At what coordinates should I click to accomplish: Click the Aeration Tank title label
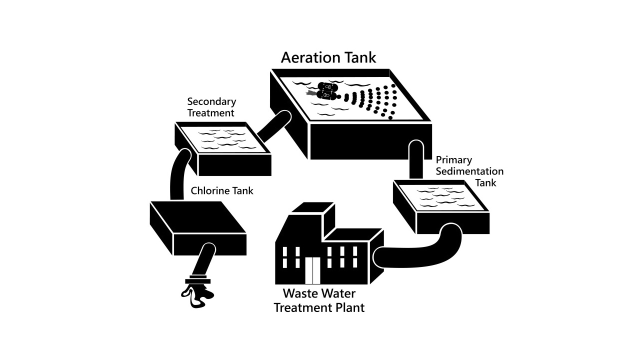328,57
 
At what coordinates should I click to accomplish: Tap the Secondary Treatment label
211,107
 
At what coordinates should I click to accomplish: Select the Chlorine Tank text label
221,190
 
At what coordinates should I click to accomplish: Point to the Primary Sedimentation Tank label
469,171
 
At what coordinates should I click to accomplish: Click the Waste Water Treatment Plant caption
319,300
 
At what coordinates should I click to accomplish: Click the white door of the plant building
312,270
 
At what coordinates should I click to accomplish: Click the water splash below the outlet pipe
197,296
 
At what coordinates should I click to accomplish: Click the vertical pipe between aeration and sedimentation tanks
416,160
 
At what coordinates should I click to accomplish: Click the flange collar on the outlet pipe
197,280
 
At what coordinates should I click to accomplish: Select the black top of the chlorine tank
197,217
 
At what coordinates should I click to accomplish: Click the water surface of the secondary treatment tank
223,140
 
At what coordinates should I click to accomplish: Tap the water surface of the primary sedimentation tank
441,197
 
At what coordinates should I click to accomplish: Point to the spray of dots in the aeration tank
371,101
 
